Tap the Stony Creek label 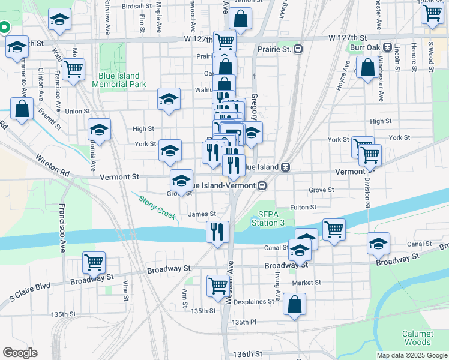pos(157,206)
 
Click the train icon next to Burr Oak pos(387,47)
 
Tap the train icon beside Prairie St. pos(297,49)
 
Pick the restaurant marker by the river pos(217,231)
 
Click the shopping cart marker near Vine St pos(94,262)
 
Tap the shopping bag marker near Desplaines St pos(294,304)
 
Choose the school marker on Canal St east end pos(378,243)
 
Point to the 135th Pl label pos(244,322)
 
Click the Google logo pos(20,353)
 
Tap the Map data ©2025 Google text pos(412,355)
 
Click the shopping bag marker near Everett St pos(22,109)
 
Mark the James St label pos(202,214)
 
